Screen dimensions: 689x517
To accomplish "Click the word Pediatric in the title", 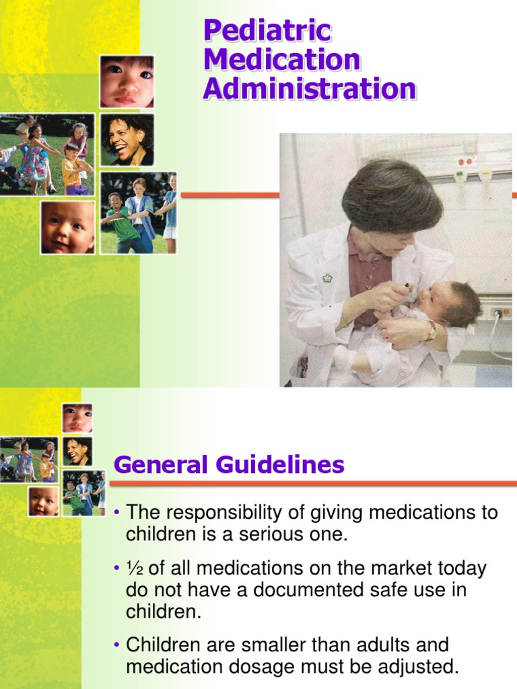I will coord(267,32).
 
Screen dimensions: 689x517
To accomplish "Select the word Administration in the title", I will coord(310,89).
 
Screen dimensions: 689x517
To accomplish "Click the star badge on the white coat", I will coord(327,277).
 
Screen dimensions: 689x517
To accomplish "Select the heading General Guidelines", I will coord(229,465).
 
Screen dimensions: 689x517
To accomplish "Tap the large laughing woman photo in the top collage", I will coord(127,139).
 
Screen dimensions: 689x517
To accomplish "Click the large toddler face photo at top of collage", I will coord(127,81).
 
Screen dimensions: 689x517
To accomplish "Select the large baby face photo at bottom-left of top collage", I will coord(67,227).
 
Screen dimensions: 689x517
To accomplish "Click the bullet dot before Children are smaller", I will coord(117,645).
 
